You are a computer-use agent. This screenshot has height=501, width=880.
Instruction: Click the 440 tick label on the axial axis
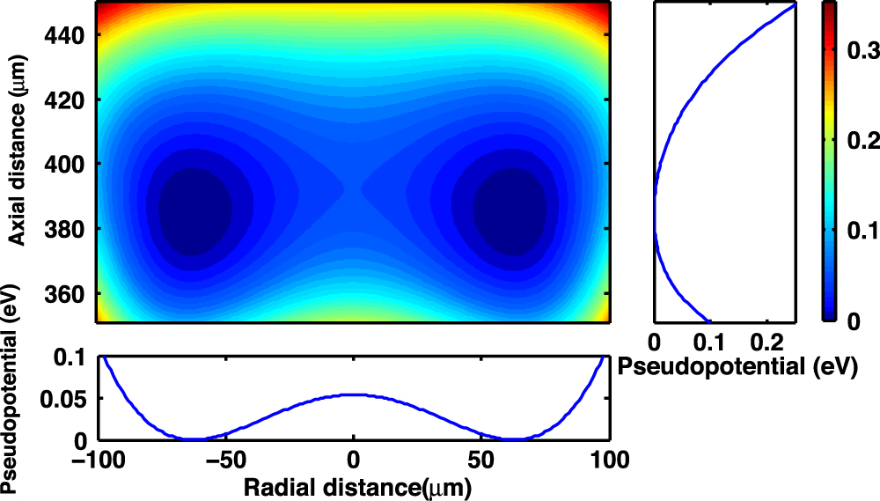(x=65, y=36)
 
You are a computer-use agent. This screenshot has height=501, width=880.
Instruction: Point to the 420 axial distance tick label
(x=65, y=100)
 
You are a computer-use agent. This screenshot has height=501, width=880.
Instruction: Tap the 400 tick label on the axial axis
(x=65, y=165)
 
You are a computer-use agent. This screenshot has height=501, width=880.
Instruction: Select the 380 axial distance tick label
(x=65, y=229)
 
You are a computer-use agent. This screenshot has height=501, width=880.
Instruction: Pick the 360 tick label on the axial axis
(x=65, y=293)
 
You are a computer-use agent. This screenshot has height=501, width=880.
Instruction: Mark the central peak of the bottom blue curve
(x=353, y=394)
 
